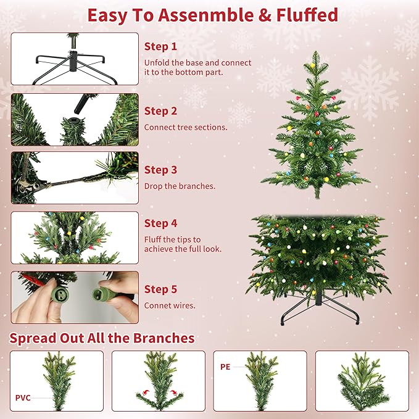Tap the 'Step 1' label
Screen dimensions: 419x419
coord(160,46)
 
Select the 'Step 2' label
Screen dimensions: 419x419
coord(160,111)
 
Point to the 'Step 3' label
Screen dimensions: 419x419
coord(160,170)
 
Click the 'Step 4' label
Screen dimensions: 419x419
coord(160,223)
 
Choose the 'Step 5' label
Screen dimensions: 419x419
coord(160,289)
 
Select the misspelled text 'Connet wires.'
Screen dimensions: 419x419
coord(170,305)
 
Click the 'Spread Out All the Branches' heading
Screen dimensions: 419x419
coord(102,338)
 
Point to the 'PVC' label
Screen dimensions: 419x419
coord(23,398)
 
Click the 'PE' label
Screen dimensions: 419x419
coord(225,366)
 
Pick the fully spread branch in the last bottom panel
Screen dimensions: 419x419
coord(362,381)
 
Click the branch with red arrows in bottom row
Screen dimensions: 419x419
coord(157,381)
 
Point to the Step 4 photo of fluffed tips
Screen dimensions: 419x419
coord(75,238)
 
